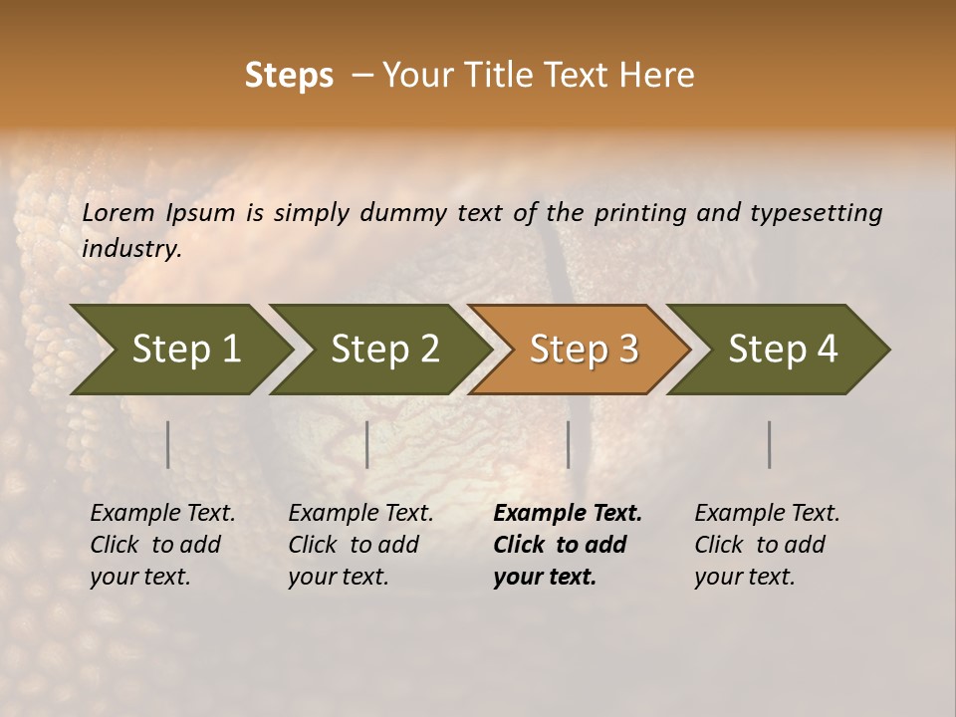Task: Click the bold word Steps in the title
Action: point(289,76)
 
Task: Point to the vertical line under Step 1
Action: point(168,444)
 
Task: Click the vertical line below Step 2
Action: point(367,444)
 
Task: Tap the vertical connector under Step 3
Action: point(569,444)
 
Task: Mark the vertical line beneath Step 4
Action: point(770,444)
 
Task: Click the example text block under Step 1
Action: point(162,545)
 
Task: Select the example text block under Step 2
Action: point(360,545)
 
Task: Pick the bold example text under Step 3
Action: point(567,545)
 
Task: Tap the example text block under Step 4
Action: point(767,545)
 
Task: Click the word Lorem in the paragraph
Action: point(119,213)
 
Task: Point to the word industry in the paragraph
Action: point(130,249)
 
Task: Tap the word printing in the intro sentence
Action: point(646,213)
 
